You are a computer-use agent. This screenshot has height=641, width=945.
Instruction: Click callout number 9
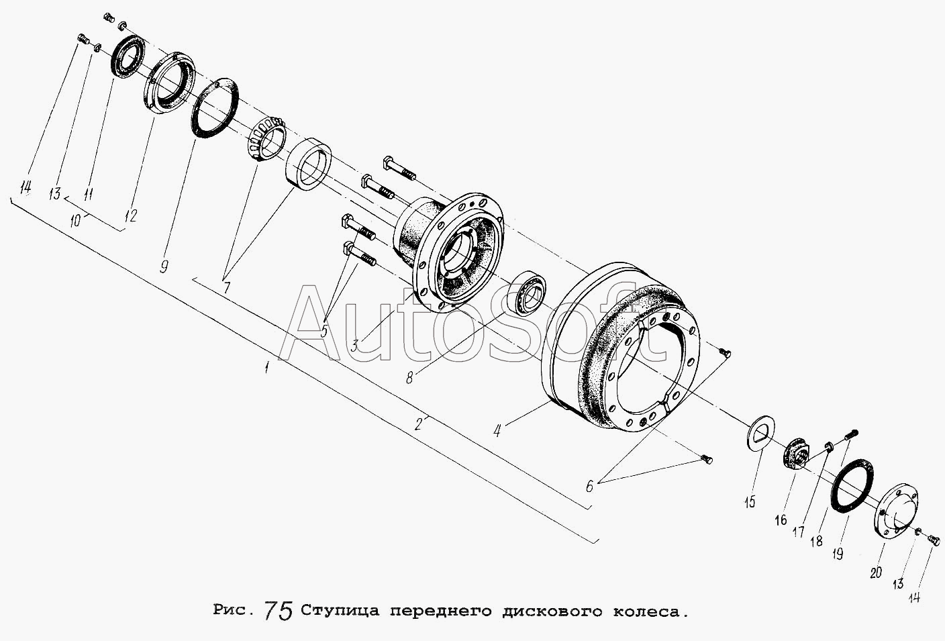164,266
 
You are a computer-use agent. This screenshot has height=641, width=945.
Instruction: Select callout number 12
131,215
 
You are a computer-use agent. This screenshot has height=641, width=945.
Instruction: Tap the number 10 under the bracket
76,220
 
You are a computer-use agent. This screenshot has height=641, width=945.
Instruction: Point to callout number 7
227,287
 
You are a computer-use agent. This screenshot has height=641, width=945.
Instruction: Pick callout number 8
409,378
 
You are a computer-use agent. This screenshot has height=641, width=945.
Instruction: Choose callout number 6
589,487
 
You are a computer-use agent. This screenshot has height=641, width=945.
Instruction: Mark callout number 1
266,368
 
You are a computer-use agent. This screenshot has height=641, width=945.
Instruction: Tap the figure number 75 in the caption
279,610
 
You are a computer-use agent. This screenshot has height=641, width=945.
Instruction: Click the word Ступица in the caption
340,611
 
